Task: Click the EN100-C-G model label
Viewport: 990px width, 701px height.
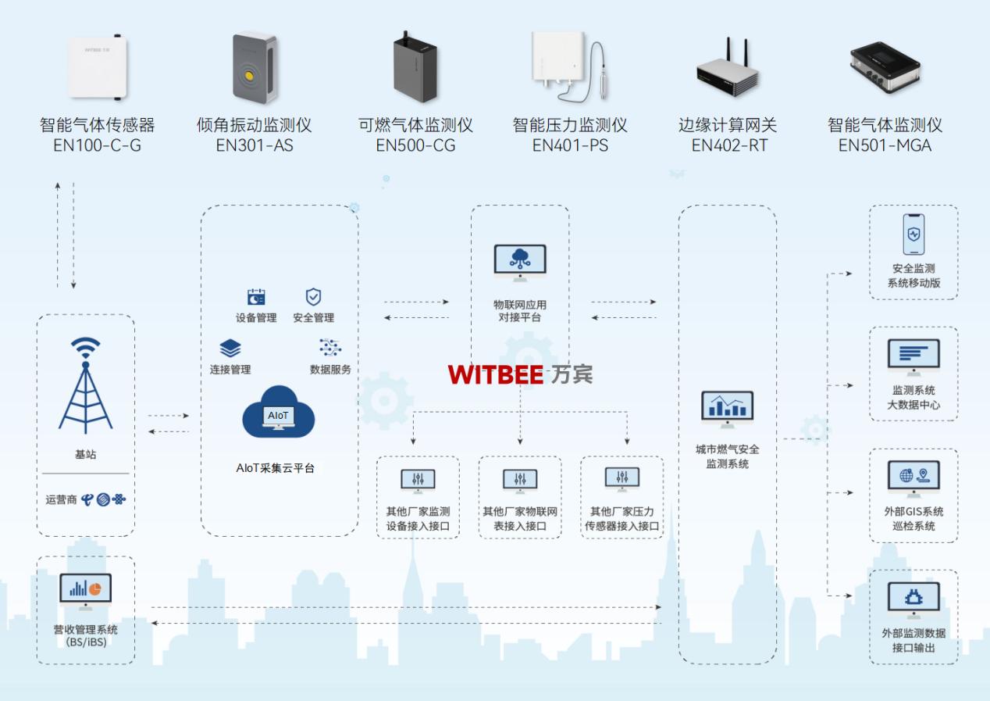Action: (x=98, y=145)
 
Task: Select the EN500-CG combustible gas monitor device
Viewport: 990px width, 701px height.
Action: (x=415, y=69)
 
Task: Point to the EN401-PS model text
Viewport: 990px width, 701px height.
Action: (x=570, y=145)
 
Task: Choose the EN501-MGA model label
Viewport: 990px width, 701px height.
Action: (x=885, y=145)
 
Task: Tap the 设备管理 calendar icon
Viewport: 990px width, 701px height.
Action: (x=256, y=297)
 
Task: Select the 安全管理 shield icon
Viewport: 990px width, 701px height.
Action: (x=313, y=297)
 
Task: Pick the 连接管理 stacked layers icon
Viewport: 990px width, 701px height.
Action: (x=230, y=349)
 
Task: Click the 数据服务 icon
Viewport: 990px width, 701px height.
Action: (x=330, y=348)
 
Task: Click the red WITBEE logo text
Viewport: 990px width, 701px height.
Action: (x=496, y=375)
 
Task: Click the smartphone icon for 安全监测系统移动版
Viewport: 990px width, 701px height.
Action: (x=913, y=234)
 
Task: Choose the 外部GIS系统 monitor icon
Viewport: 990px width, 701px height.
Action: (x=913, y=477)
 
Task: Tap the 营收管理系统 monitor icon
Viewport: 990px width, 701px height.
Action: (x=85, y=592)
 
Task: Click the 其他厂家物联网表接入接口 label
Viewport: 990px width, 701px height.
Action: (x=520, y=519)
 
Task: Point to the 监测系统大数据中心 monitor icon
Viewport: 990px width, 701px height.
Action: (x=913, y=356)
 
